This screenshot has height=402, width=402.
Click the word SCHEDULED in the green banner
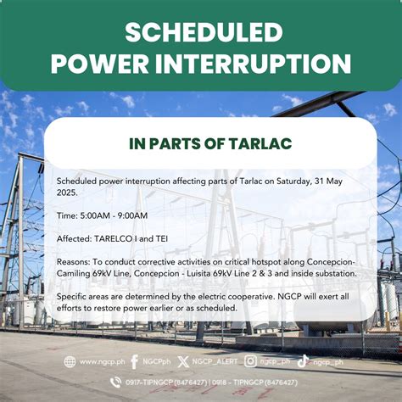pos(204,32)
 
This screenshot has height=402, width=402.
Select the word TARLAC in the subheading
pos(260,143)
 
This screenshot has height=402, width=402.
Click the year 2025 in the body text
pos(66,193)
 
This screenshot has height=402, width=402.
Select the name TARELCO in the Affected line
pos(113,239)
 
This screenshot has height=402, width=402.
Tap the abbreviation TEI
pos(162,239)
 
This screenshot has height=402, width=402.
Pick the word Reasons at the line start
pos(73,262)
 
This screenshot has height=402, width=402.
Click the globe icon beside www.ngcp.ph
pos(70,362)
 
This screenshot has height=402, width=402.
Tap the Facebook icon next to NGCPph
pos(135,362)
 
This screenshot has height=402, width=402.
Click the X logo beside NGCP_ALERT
pos(183,362)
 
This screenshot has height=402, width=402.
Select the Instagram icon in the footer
pos(250,361)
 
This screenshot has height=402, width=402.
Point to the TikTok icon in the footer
pos(303,361)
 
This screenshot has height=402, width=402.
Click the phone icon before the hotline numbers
pos(115,382)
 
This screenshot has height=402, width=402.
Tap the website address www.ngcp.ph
pos(102,362)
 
